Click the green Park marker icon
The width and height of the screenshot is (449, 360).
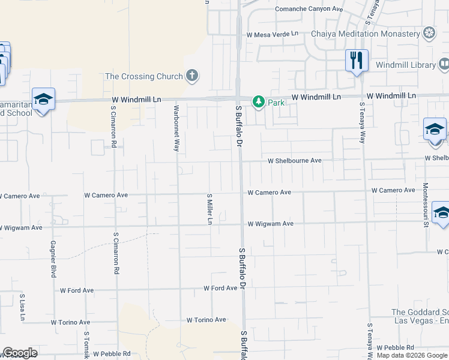point(259,102)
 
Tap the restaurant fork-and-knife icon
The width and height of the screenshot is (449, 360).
point(357,60)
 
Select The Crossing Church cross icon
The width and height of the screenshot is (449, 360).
point(191,76)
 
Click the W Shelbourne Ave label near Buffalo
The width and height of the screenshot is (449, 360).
point(295,161)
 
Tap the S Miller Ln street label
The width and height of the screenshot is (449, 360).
point(209,208)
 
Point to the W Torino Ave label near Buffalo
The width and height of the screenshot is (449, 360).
point(206,320)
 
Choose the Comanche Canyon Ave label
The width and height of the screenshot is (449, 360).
point(309,9)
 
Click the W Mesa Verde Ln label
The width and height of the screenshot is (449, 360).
point(272,35)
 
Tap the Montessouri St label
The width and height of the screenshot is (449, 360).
point(426,205)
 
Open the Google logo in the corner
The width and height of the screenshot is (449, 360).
point(20,353)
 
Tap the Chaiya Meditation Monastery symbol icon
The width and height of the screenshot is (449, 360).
point(429,32)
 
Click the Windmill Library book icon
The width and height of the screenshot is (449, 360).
point(444,64)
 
